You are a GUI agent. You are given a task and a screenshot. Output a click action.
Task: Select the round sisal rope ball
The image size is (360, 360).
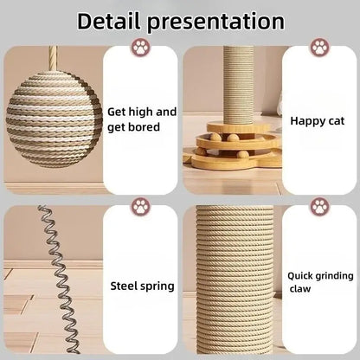pos(53,119)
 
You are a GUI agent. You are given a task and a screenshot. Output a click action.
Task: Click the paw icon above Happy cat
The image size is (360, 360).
pos(319,48)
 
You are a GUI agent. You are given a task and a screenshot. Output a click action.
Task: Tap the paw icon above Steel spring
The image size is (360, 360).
pos(140,207)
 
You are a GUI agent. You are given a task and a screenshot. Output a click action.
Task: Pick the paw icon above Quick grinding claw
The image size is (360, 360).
pos(319,207)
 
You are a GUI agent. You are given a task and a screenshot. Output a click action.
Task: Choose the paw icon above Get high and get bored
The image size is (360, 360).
pos(140,48)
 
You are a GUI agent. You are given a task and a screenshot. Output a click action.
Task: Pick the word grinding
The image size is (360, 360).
pos(333,276)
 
